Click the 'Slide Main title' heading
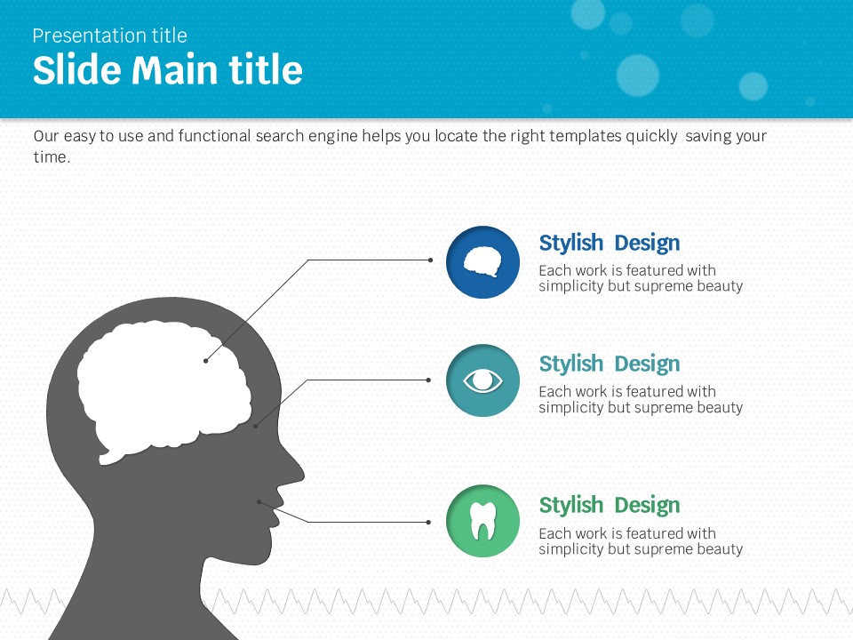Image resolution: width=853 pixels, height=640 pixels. (x=168, y=69)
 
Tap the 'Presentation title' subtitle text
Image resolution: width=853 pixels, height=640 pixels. (x=109, y=36)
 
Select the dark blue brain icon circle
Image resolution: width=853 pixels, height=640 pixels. (x=482, y=262)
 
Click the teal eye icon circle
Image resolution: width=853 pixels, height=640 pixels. (x=482, y=380)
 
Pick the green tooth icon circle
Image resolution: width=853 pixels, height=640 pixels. (x=482, y=521)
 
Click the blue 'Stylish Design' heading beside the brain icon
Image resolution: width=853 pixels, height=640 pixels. (x=610, y=243)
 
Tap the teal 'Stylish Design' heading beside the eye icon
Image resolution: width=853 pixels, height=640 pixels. (x=610, y=364)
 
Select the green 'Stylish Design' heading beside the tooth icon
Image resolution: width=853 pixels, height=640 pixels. (x=610, y=505)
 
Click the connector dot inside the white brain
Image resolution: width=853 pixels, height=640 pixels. (x=205, y=361)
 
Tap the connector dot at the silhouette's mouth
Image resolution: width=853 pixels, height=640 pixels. (x=259, y=501)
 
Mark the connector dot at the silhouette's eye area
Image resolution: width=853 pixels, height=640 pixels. (x=255, y=426)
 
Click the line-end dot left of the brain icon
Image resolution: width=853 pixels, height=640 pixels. (x=430, y=260)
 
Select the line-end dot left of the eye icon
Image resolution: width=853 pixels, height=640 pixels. (x=428, y=380)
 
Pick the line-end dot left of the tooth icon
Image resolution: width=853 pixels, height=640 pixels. (x=428, y=522)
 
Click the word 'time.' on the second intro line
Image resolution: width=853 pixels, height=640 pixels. (x=52, y=156)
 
